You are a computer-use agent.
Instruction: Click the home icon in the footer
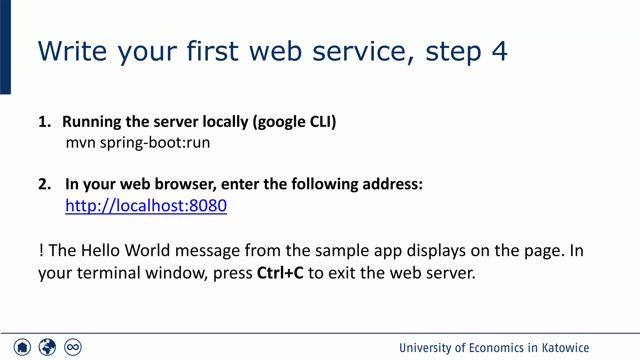22,347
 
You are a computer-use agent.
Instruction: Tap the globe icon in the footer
47,347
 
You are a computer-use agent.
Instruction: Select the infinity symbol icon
73,347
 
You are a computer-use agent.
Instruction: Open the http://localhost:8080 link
146,206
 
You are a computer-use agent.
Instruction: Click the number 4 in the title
499,51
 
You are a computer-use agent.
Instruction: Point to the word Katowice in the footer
565,348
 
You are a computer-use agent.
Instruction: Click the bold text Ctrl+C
280,273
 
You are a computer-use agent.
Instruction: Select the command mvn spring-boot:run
138,143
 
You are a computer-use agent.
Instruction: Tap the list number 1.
44,122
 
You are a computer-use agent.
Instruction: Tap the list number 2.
44,184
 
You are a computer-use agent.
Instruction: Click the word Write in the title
72,51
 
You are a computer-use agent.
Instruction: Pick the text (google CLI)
294,122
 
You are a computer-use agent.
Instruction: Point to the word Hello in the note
100,251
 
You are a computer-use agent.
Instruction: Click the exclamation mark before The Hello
41,251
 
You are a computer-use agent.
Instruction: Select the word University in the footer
425,348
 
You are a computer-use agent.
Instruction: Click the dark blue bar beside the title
5,47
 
